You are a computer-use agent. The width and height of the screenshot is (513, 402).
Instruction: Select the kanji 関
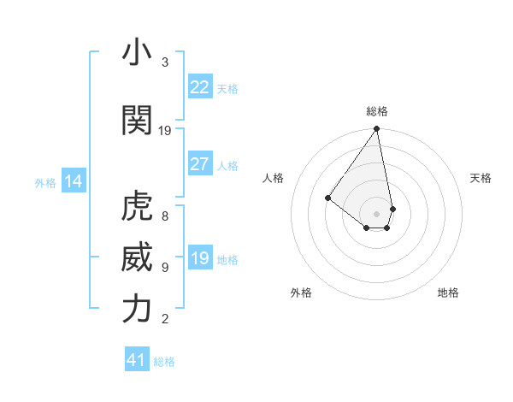coord(137,121)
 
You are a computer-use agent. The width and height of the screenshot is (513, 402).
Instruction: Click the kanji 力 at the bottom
coord(137,309)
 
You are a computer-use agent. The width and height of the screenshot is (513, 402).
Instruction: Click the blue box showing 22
coord(199,87)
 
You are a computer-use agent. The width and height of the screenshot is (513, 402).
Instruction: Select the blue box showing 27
coord(199,164)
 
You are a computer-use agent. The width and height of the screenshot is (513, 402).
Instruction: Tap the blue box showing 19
coord(199,259)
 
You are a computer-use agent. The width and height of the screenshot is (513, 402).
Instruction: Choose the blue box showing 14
coord(74,181)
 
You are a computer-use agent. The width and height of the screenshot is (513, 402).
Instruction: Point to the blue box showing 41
coord(137,360)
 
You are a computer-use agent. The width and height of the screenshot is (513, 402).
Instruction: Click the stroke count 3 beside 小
coord(165,62)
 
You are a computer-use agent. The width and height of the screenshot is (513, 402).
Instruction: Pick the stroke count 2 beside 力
coord(165,319)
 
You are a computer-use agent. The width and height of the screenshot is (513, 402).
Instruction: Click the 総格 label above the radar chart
coord(377,111)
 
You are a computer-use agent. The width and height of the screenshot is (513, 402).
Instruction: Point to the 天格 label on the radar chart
coord(481,178)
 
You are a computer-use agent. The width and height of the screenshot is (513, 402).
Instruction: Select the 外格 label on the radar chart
coord(301,293)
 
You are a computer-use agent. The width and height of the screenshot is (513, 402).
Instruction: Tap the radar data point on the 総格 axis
coord(377,129)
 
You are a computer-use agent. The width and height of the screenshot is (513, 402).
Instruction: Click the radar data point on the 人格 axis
coord(327,198)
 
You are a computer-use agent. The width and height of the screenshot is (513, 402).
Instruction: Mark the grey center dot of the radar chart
coord(377,213)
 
